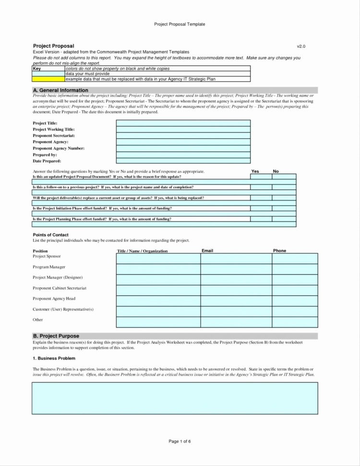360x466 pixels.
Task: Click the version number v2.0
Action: [301, 46]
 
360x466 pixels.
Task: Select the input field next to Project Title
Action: [183, 123]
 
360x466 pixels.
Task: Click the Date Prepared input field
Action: [183, 161]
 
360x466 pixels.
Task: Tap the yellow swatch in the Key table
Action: [48, 79]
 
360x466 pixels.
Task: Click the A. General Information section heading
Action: [60, 90]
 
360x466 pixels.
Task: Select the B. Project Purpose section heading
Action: [56, 336]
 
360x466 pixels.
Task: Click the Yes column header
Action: [255, 172]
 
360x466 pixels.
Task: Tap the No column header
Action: [276, 172]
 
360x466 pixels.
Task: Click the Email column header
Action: [207, 251]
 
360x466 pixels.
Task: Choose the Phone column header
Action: [279, 251]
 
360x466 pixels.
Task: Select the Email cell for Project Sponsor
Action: [236, 258]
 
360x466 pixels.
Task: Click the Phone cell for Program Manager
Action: [294, 269]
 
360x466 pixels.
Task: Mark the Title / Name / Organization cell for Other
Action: [158, 322]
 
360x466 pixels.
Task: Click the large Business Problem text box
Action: [175, 398]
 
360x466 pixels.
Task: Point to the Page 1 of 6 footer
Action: [180, 441]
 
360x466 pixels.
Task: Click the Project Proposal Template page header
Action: [180, 24]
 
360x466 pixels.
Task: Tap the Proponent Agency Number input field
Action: [183, 148]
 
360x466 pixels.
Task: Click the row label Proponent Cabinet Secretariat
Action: [60, 288]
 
